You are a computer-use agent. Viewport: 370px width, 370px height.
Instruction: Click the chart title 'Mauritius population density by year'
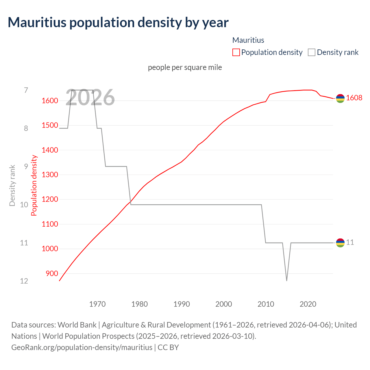[118, 23]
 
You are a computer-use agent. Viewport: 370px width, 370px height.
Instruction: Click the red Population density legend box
[236, 52]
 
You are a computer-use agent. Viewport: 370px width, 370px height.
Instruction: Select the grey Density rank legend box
[312, 52]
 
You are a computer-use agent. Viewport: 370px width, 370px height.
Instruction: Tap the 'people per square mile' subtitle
[185, 67]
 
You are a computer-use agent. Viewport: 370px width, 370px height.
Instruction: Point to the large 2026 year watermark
[90, 98]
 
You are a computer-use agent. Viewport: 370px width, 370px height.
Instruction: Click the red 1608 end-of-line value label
[354, 98]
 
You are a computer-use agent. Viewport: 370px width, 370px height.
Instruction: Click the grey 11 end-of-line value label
[350, 242]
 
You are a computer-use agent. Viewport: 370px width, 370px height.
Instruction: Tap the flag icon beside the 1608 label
[340, 98]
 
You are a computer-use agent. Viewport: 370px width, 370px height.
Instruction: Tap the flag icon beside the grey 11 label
[340, 243]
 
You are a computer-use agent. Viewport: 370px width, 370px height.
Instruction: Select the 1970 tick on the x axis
[97, 304]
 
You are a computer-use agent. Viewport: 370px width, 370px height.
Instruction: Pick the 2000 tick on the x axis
[224, 304]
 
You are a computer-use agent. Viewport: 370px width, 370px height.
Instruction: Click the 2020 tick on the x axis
[308, 304]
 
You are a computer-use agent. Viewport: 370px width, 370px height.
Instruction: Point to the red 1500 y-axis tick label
[50, 125]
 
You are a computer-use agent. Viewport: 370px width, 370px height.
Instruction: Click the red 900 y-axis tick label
[52, 273]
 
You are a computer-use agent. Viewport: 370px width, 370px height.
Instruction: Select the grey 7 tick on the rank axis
[26, 90]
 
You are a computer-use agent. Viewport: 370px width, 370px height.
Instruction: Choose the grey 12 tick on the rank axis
[24, 281]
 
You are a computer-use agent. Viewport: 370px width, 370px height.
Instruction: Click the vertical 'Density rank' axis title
[12, 186]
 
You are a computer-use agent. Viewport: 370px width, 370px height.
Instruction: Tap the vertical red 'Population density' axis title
[34, 186]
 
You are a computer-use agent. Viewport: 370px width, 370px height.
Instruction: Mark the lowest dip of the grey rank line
[286, 280]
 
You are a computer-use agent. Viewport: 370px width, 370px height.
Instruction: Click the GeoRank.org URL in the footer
[82, 347]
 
